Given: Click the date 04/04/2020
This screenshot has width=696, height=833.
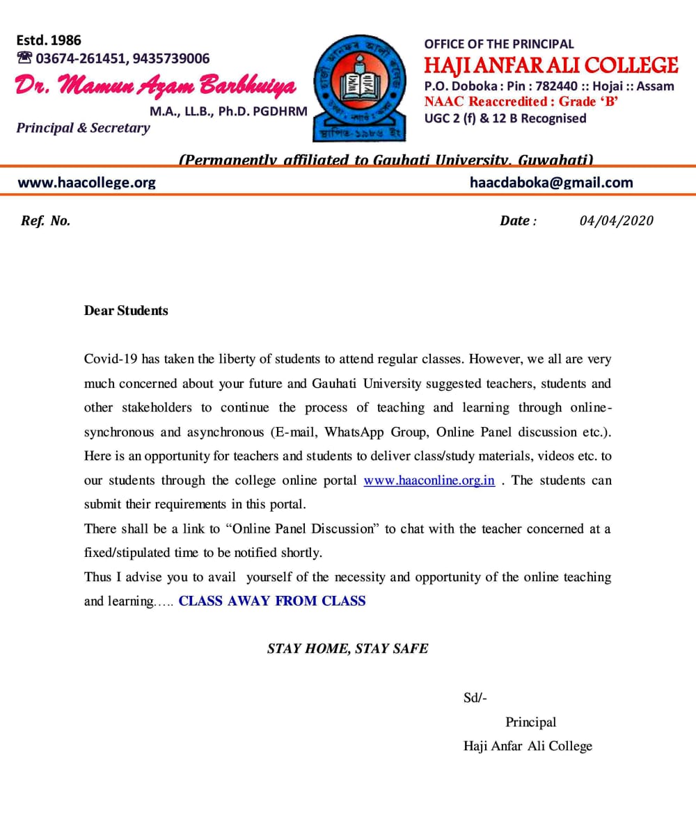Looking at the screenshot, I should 616,220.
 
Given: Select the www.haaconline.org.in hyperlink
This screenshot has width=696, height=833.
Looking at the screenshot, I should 429,480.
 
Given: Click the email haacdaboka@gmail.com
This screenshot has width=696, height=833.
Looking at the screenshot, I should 551,183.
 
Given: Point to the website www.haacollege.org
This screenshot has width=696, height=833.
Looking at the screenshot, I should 86,183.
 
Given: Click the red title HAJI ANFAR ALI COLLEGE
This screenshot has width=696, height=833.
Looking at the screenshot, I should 551,66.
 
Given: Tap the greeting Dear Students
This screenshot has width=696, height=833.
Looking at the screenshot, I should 126,311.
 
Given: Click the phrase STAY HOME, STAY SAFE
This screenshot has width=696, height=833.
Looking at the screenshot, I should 347,649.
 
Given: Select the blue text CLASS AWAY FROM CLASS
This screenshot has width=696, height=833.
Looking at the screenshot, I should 271,601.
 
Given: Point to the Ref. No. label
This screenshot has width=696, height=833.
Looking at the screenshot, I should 46,221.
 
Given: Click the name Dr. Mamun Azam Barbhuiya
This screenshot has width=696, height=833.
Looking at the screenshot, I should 155,86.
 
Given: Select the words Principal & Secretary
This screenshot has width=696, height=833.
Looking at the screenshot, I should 83,128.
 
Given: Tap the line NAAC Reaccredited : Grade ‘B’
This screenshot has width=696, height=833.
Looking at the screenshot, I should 521,102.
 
